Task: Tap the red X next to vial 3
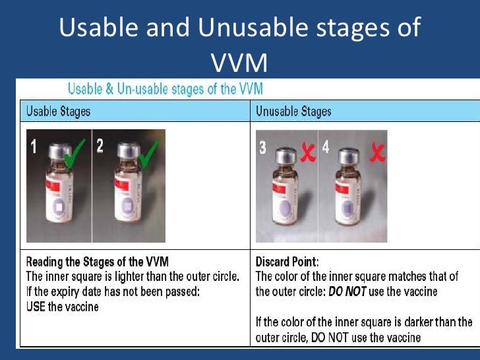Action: [x=306, y=152]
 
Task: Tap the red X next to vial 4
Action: [x=376, y=153]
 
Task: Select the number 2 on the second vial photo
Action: [x=100, y=146]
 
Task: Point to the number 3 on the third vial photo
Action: [x=262, y=148]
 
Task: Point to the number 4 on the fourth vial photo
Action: [x=326, y=147]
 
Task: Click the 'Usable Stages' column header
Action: [x=58, y=111]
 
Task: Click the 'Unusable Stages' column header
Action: [x=293, y=111]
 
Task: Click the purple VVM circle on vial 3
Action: [x=285, y=210]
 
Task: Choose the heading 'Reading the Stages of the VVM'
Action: [x=97, y=262]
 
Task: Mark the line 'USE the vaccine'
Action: [x=62, y=307]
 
